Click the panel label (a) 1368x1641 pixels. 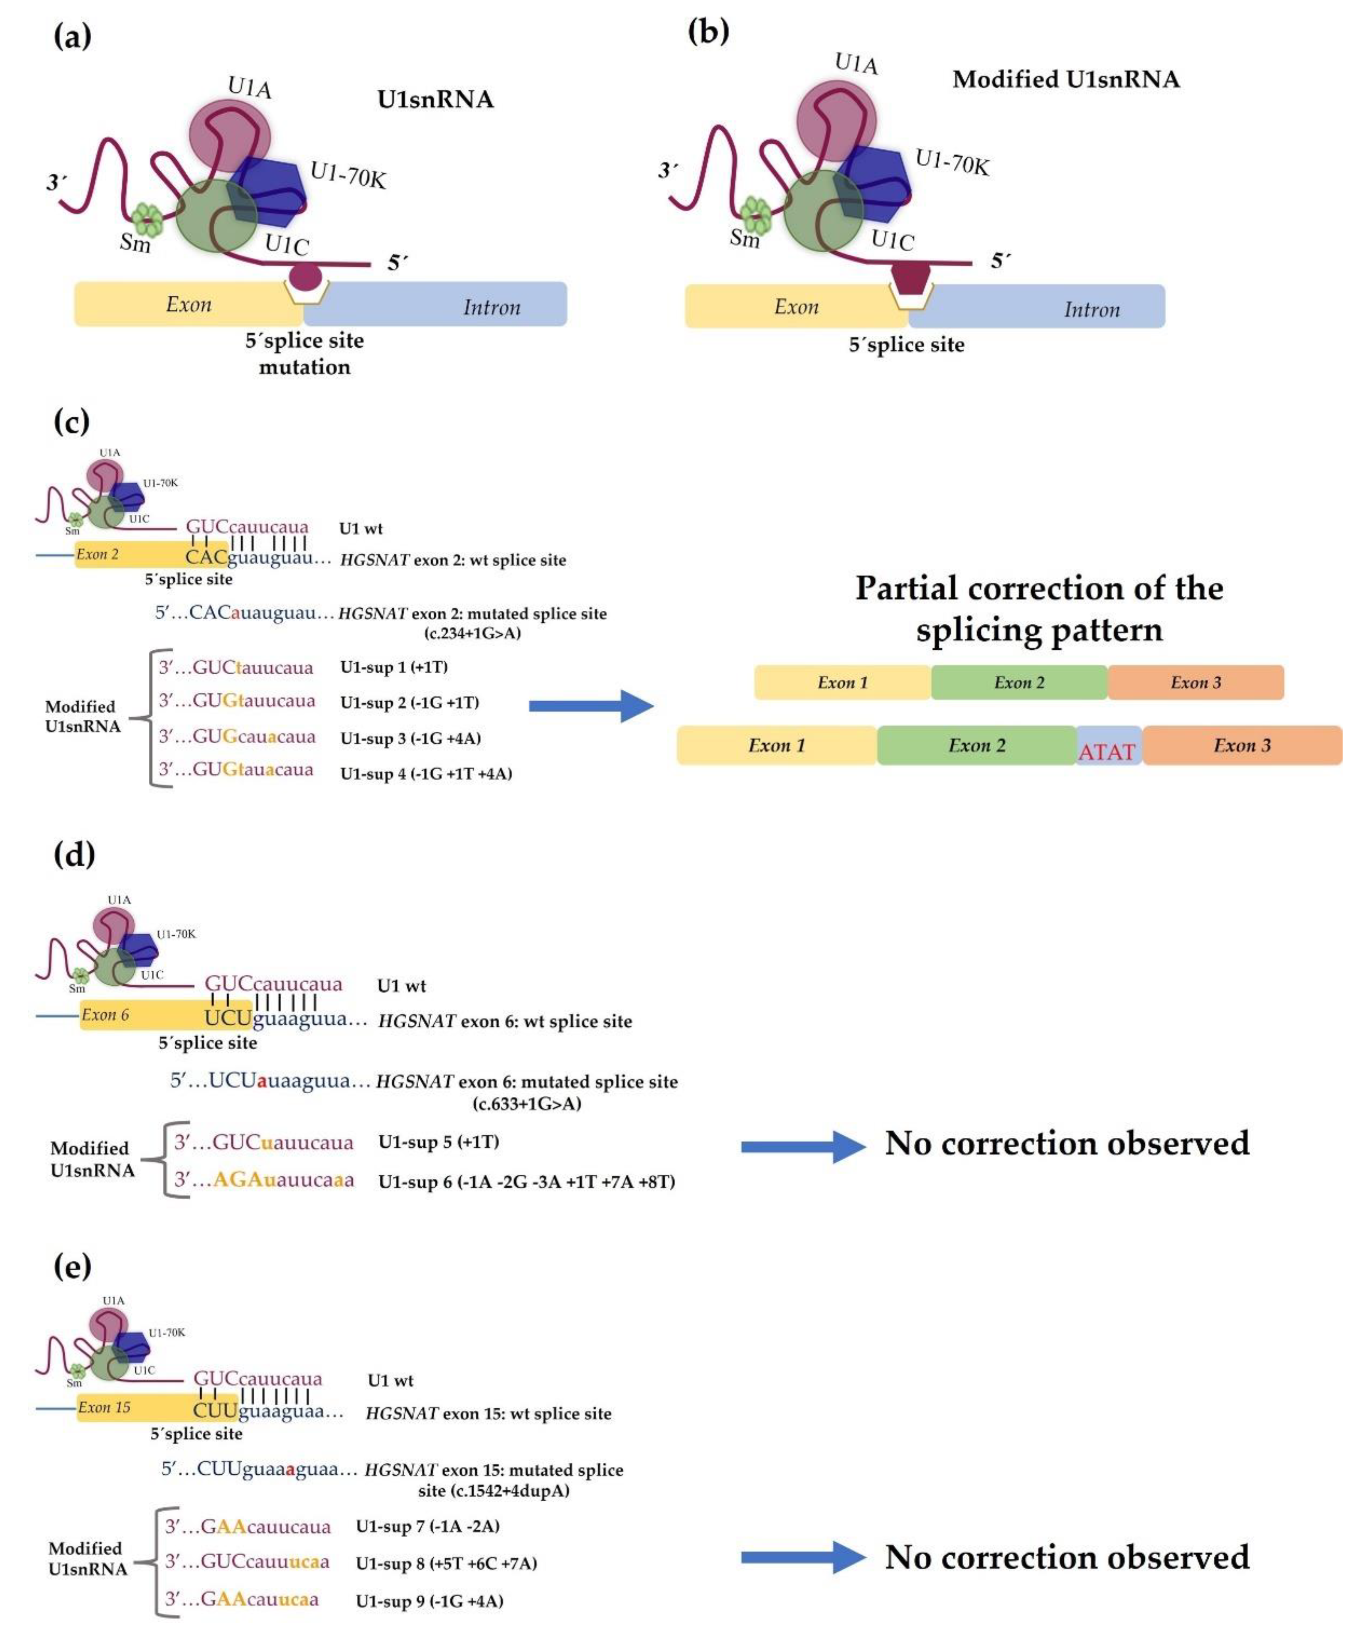[72, 37]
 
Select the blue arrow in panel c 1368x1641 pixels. [591, 706]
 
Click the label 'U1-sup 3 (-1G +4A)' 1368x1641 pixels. [410, 738]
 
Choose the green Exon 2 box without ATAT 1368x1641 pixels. [1019, 682]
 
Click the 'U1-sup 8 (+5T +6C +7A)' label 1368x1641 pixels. [446, 1563]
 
